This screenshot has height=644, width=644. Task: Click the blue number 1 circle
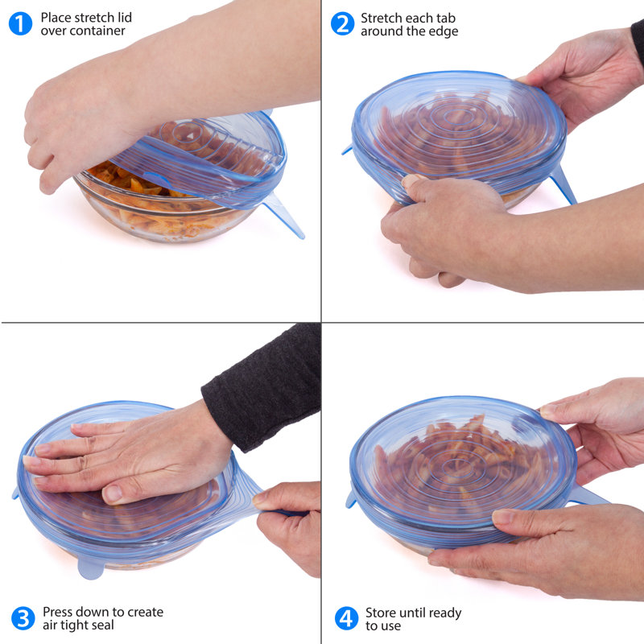tap(20, 23)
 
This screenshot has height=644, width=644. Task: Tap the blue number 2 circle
tap(342, 23)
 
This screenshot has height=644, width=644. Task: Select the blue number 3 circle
tap(23, 618)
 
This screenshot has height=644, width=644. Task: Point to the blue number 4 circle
tap(346, 618)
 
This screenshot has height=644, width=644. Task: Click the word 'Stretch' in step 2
tap(381, 18)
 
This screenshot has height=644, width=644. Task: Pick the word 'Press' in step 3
tap(60, 612)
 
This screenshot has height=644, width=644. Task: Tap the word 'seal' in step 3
tap(102, 625)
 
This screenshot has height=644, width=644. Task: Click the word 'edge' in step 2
tap(443, 31)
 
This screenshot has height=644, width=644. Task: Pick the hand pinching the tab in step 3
tap(290, 523)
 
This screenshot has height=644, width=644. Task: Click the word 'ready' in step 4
tap(444, 613)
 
